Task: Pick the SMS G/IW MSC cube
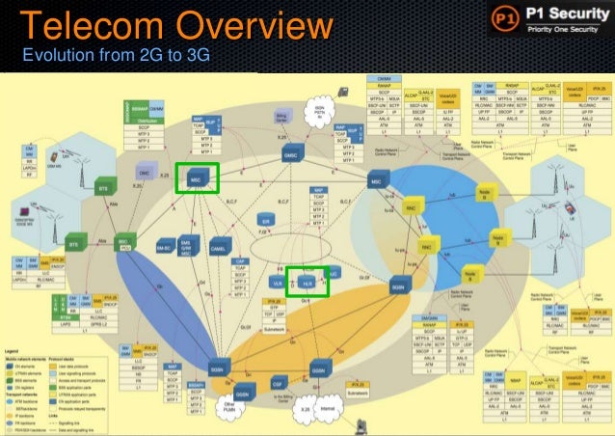(189, 247)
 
